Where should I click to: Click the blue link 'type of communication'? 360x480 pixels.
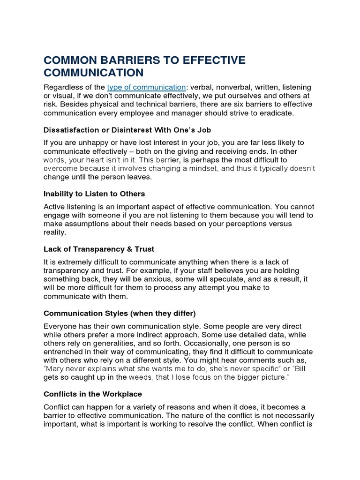tap(146, 87)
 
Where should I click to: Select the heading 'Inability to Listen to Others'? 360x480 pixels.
tap(94, 194)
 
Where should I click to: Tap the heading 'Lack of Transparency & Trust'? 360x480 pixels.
tap(99, 249)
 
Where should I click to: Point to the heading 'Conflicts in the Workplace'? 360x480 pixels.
tap(93, 394)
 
